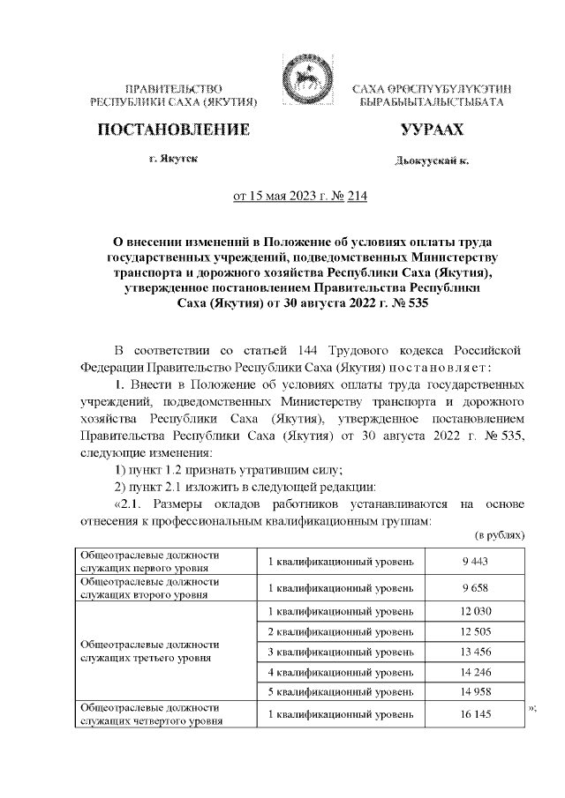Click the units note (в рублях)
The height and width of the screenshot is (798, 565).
point(501,535)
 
